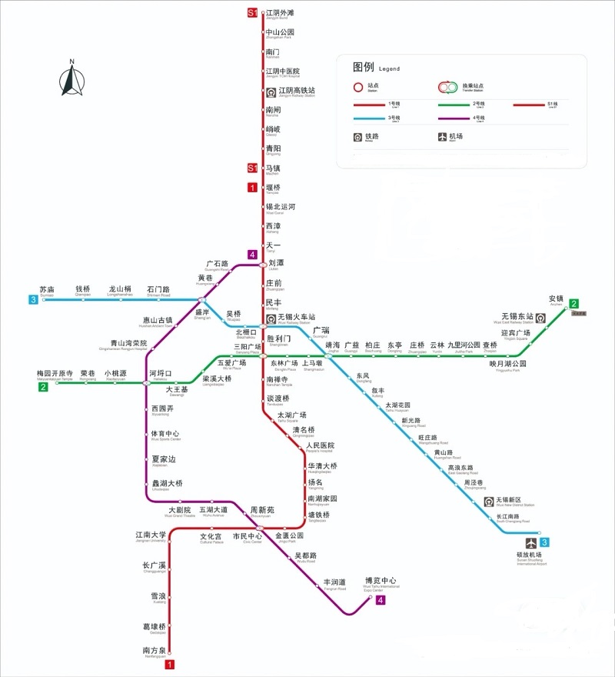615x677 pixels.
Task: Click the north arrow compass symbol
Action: [71, 80]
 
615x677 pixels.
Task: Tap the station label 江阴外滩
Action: [280, 12]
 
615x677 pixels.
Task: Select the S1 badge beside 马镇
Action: [251, 168]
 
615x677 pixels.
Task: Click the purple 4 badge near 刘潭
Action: [251, 255]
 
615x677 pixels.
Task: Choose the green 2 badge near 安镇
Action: [573, 304]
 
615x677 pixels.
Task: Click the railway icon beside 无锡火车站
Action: [271, 318]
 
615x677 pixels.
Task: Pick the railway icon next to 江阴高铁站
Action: [271, 91]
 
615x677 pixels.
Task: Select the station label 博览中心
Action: [381, 580]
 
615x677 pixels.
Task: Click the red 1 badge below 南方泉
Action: [170, 664]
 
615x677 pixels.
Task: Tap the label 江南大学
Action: [151, 535]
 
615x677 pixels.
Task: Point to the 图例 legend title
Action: [363, 67]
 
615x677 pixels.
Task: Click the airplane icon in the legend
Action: [442, 137]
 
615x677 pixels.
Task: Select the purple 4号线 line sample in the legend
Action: [461, 118]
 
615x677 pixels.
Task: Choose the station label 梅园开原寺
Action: [55, 373]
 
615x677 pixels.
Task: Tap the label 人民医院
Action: [321, 445]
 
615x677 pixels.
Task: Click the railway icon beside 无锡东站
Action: [541, 318]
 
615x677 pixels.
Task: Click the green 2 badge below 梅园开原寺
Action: [44, 387]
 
